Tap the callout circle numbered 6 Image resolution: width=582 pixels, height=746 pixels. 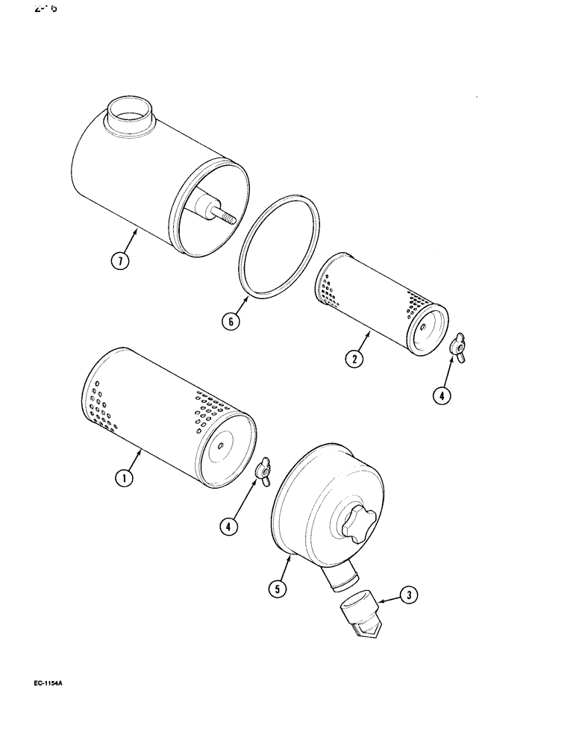click(231, 322)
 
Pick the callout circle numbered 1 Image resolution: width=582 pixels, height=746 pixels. click(125, 478)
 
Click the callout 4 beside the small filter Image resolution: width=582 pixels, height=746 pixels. click(442, 396)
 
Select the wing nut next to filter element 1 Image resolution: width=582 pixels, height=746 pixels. click(263, 471)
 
